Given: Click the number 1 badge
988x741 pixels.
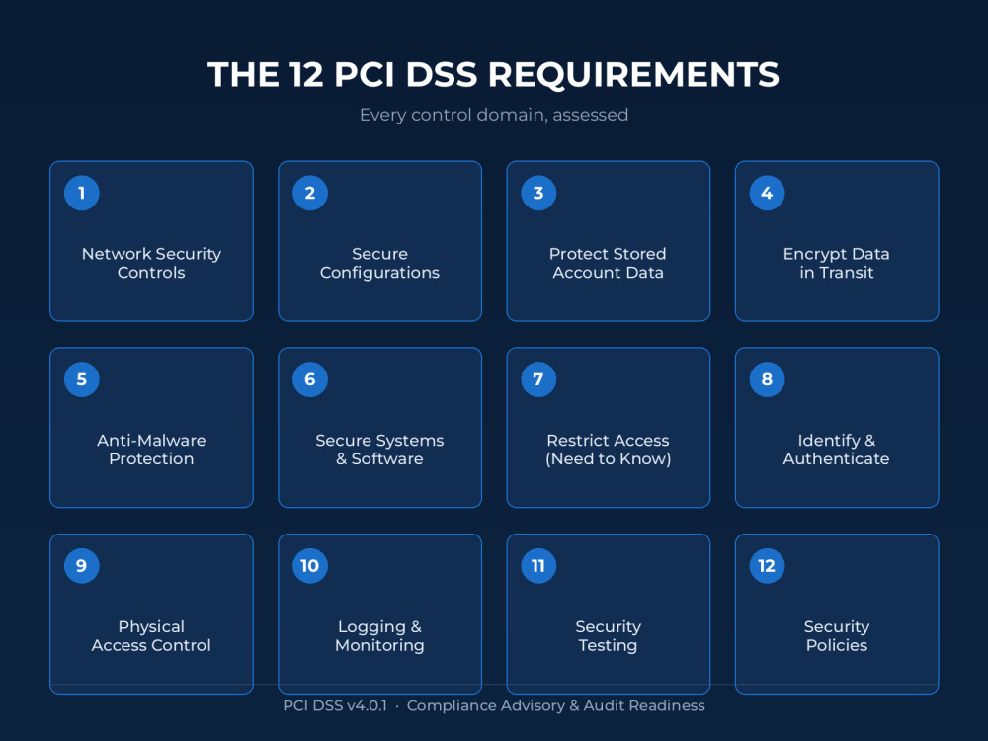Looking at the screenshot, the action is [82, 193].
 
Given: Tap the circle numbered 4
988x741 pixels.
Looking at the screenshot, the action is [767, 193].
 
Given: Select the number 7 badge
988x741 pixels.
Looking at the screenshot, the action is [538, 379].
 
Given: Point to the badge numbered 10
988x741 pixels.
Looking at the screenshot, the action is [310, 566].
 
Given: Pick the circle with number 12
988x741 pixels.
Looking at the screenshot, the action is [767, 566].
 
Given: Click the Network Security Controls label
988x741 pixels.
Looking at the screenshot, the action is [151, 264].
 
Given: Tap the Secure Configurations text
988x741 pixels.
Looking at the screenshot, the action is [380, 264].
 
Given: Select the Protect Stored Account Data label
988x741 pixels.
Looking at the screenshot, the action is [608, 264].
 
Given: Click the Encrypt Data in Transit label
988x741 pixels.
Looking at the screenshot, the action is [836, 264].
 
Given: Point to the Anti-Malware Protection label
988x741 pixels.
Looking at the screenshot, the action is [151, 450].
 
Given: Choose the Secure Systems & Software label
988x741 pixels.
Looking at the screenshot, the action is [380, 450].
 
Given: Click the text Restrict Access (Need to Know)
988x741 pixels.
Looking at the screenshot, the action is [608, 450].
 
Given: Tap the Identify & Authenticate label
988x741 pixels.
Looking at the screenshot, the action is [836, 450].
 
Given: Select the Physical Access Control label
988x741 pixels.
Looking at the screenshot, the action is [151, 636].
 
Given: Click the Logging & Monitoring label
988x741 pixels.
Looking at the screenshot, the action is [380, 636].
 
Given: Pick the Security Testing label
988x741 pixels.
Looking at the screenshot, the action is [608, 636].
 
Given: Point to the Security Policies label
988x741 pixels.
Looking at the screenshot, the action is [837, 636].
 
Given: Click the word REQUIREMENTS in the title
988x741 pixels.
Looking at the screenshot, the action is [633, 74].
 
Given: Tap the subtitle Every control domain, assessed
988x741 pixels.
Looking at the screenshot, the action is [494, 115].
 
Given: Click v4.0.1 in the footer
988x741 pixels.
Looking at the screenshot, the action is [367, 705].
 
